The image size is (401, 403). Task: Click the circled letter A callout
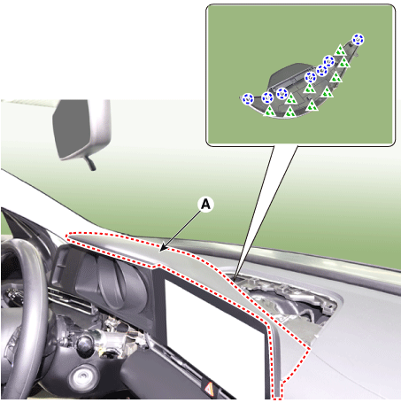coord(205,204)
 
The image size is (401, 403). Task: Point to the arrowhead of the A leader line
coord(161,251)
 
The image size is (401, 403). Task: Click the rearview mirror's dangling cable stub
coord(89,163)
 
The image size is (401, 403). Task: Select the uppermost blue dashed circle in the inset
coord(358,39)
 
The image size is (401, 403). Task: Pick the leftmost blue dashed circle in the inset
coord(247,99)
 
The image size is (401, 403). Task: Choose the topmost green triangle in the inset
coord(340,50)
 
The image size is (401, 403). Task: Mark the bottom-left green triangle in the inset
coord(269,112)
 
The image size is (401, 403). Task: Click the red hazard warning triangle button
coord(209,387)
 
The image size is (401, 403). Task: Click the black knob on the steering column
coord(85,342)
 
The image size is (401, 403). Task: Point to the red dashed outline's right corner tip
coord(310,348)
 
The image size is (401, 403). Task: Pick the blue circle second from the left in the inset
coord(267,97)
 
